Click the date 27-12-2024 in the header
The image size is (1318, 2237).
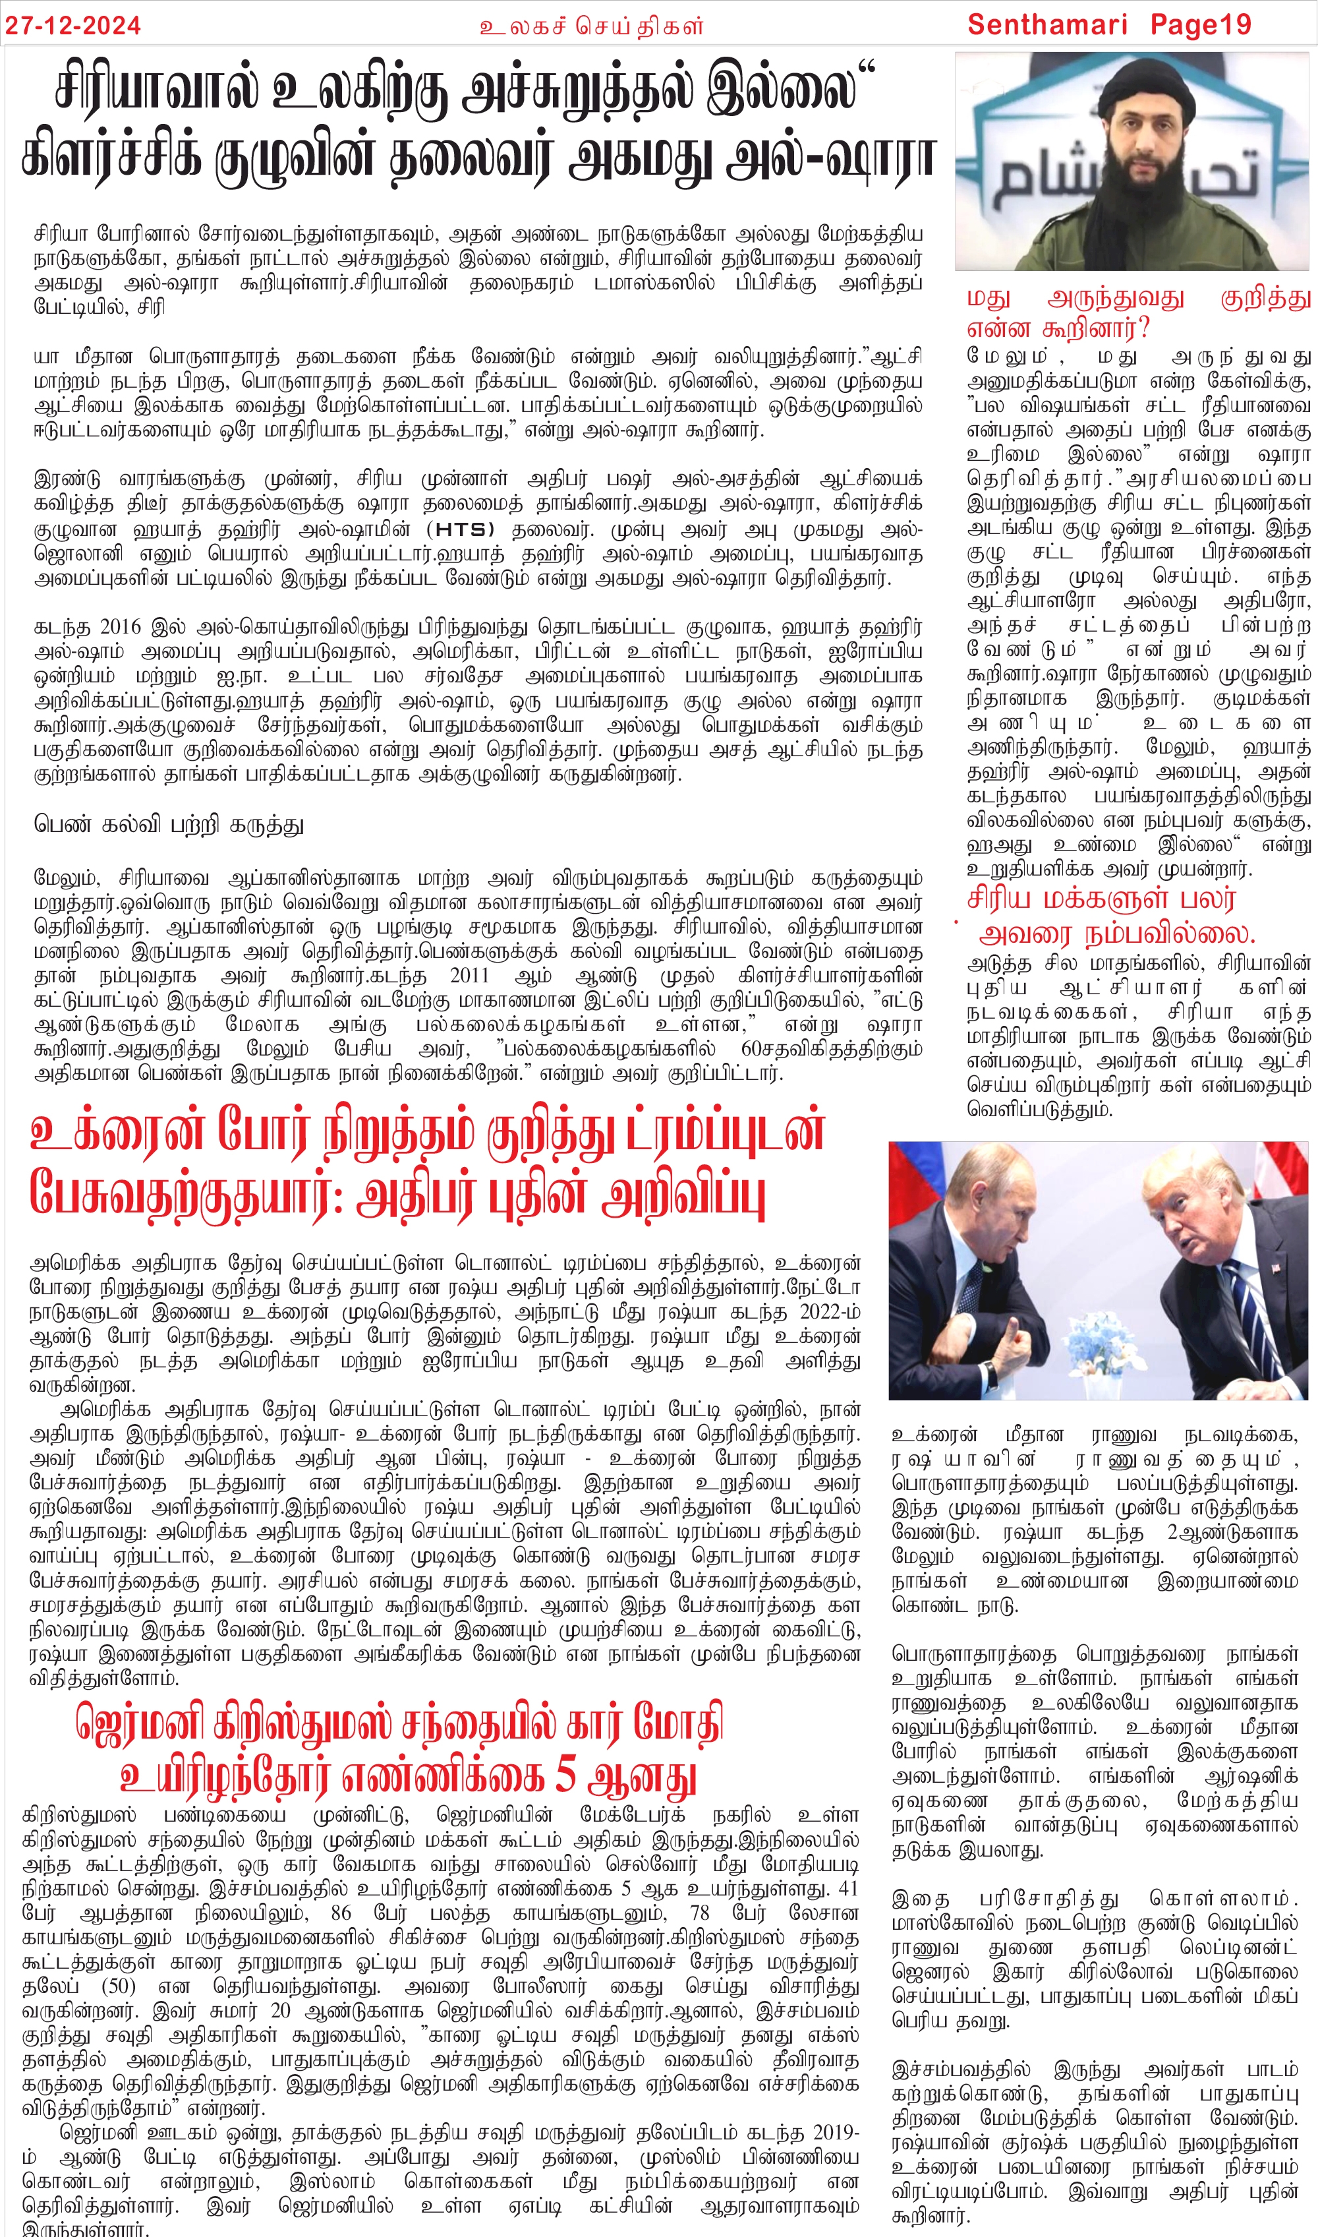click(x=73, y=25)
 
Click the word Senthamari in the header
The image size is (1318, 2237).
click(x=1047, y=25)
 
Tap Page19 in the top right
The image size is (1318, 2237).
click(x=1200, y=25)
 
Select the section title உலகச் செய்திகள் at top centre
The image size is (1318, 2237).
click(x=592, y=26)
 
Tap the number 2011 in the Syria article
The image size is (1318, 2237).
click(x=469, y=976)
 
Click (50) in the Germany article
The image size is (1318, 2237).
click(x=118, y=1986)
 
